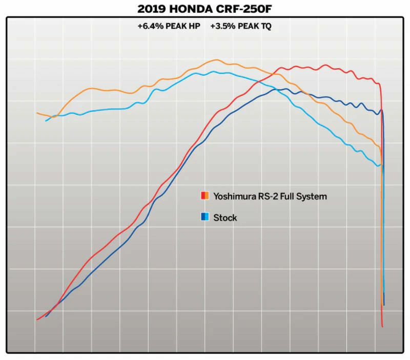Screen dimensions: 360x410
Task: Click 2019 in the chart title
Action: tap(152, 9)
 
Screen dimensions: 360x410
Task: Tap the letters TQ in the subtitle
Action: tap(265, 26)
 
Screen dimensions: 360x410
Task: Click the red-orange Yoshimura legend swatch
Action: tap(204, 196)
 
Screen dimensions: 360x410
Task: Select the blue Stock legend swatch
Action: tap(204, 217)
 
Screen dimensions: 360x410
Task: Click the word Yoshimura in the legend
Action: tap(234, 196)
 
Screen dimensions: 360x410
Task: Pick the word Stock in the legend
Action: tap(225, 218)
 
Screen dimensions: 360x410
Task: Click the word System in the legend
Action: tap(313, 196)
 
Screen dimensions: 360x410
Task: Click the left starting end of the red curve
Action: tap(37, 320)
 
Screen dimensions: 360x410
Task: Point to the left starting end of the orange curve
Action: tap(37, 113)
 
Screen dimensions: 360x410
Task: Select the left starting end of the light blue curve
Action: tap(46, 120)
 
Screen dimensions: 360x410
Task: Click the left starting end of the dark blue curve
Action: tap(46, 316)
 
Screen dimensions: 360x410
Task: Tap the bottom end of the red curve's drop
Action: tap(382, 326)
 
